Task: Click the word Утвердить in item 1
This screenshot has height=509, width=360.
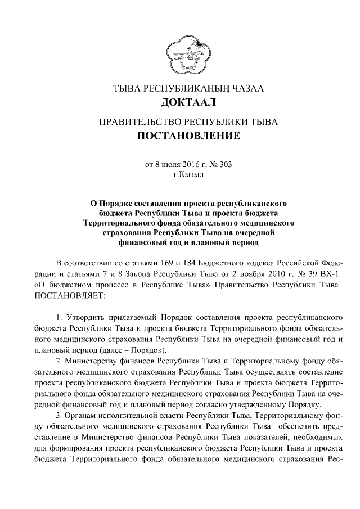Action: click(x=88, y=319)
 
